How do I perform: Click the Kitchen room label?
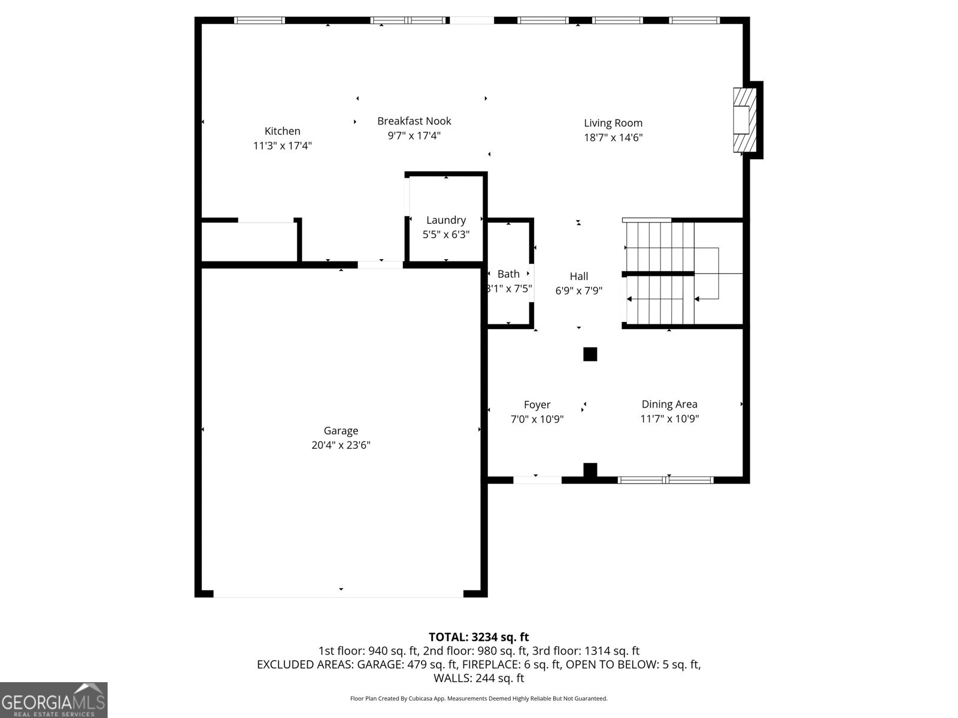283,131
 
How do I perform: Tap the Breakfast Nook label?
414,121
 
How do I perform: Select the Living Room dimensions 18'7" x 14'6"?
613,138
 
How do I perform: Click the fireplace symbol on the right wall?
745,120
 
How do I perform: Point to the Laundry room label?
446,220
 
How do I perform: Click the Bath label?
508,274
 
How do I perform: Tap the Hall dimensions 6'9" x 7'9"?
578,291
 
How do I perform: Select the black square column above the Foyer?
590,354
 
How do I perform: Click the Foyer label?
537,404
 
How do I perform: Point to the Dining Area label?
669,404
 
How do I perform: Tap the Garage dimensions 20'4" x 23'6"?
341,445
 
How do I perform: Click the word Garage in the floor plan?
341,431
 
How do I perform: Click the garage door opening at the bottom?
338,594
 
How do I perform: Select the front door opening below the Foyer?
537,479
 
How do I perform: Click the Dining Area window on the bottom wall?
666,480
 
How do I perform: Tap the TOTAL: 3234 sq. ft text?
478,637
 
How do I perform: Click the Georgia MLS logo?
53,700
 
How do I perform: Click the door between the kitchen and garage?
381,264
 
